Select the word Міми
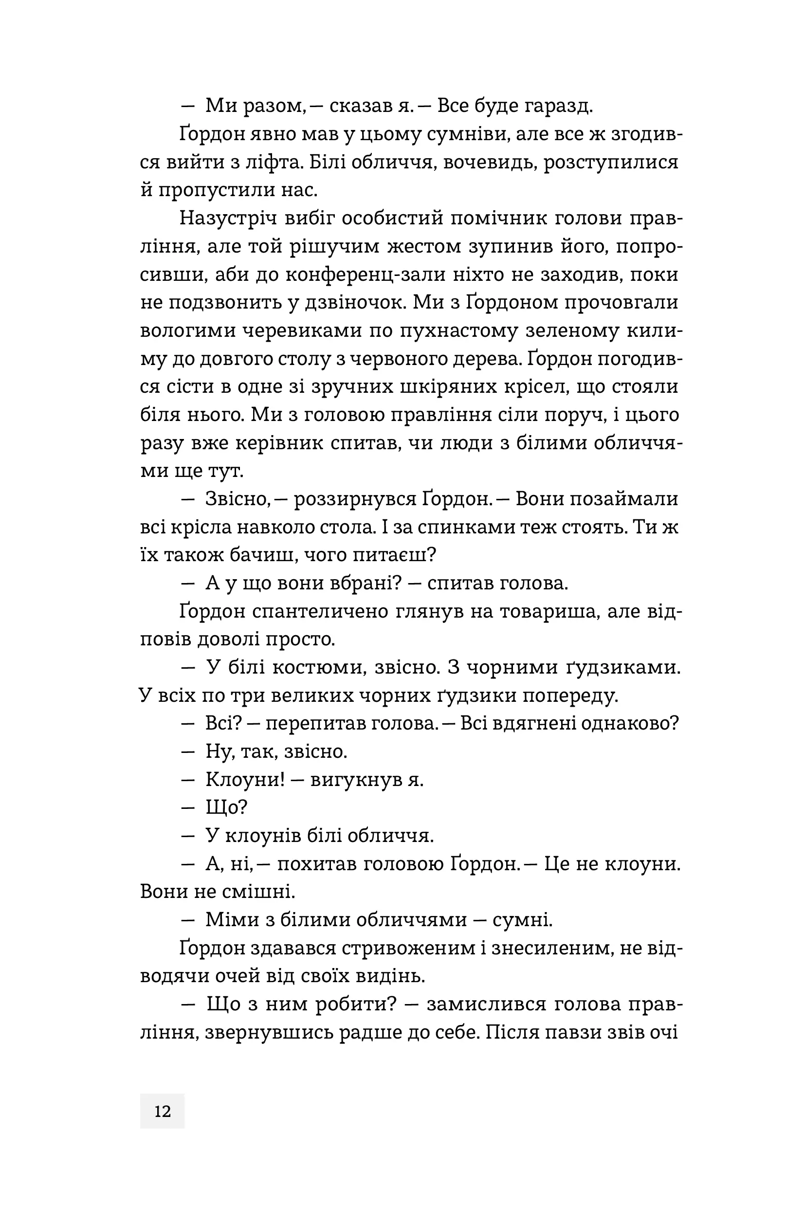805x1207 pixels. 227,920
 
